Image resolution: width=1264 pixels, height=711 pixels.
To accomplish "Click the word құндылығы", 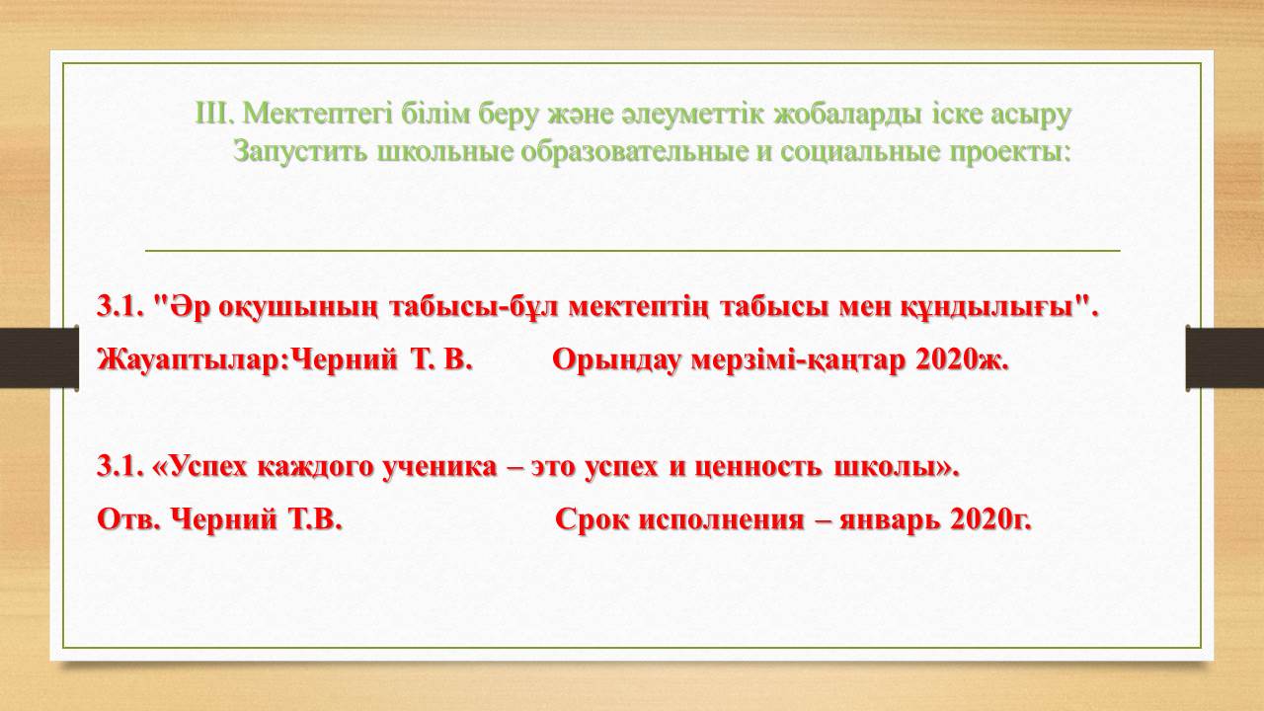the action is [x=987, y=308].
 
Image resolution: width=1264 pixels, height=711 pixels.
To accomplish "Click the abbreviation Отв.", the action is [x=129, y=519].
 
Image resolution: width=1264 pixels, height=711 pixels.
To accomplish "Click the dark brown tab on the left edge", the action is [x=39, y=357].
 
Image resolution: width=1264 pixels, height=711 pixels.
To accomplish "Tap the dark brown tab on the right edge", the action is [x=1224, y=357].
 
